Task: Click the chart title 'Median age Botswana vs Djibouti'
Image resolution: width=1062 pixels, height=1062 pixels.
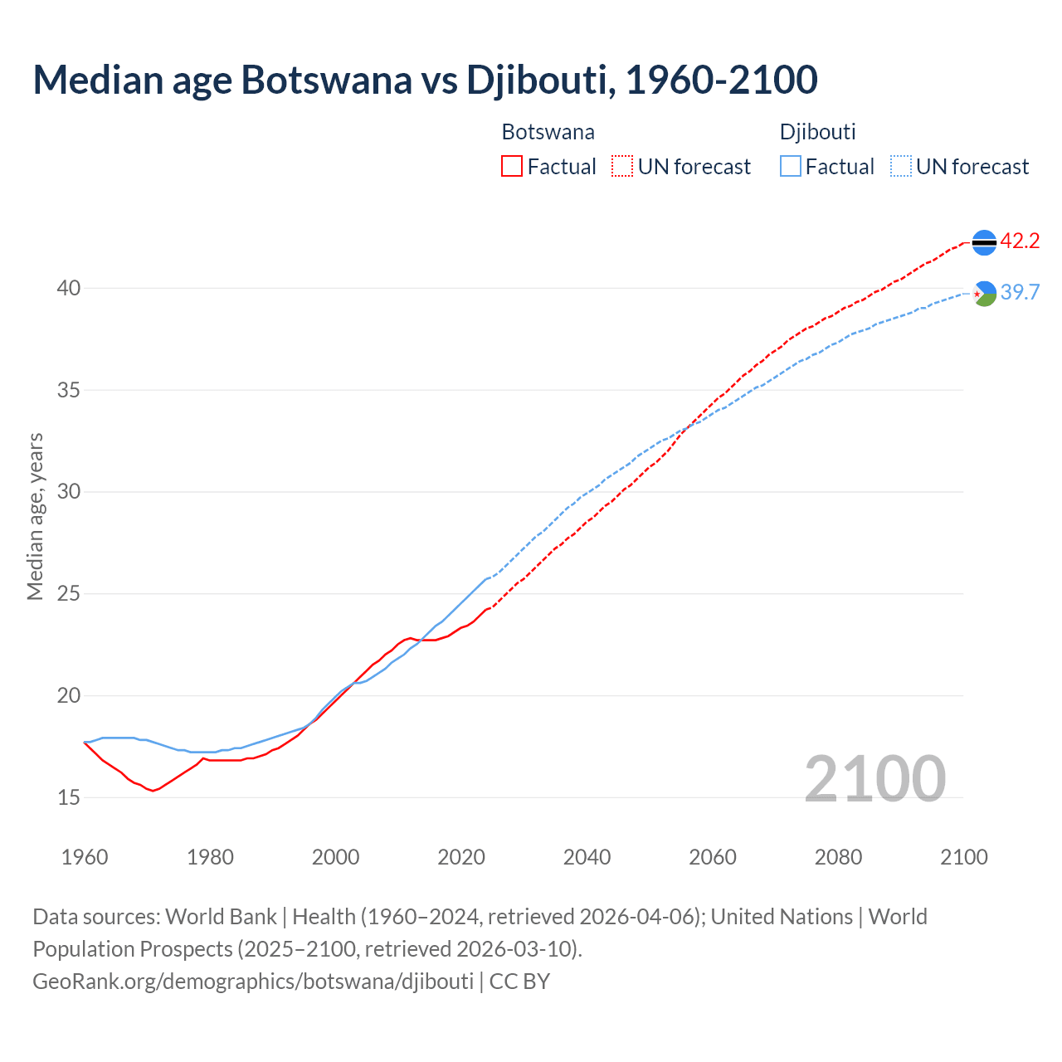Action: click(x=425, y=80)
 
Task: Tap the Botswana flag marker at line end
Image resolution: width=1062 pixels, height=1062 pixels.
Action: click(x=984, y=242)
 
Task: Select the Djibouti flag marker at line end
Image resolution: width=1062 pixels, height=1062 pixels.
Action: click(x=984, y=294)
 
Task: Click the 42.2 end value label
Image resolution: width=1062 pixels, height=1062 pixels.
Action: click(x=1020, y=241)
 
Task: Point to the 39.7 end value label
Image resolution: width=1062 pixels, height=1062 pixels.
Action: click(x=1020, y=292)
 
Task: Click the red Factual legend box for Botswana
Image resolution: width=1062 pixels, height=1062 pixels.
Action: click(x=512, y=167)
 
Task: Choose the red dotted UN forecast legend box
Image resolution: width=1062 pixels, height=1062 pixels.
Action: click(x=622, y=167)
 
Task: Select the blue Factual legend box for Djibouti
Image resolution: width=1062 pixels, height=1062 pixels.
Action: click(x=791, y=167)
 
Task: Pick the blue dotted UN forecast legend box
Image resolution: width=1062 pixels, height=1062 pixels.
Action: click(x=901, y=167)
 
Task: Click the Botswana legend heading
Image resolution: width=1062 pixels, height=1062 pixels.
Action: click(x=548, y=132)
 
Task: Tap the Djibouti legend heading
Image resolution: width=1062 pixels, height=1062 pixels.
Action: click(x=817, y=132)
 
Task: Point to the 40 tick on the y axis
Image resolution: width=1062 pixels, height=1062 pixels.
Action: click(x=68, y=288)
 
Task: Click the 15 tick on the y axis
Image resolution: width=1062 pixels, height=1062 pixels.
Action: click(x=68, y=797)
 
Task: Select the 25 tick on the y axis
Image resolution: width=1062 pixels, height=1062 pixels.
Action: click(x=68, y=594)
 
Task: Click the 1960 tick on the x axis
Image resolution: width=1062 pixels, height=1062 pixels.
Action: click(x=85, y=857)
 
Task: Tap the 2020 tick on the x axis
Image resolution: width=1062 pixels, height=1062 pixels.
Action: click(x=461, y=857)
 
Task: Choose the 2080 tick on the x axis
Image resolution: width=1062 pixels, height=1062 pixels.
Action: click(x=838, y=857)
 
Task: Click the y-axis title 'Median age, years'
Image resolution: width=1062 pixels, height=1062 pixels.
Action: click(x=35, y=516)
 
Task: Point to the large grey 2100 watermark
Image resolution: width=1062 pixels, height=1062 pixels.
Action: click(x=874, y=778)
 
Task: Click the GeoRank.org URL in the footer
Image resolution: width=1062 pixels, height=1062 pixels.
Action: click(x=253, y=982)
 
